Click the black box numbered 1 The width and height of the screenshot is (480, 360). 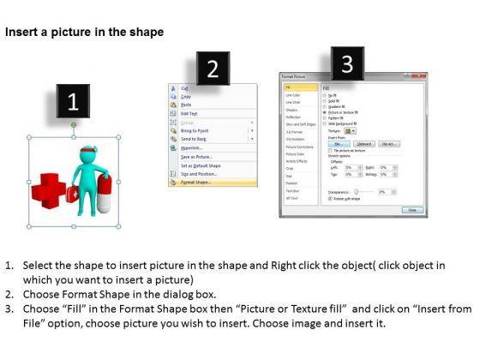pyautogui.click(x=73, y=101)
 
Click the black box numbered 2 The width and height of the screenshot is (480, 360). pyautogui.click(x=212, y=69)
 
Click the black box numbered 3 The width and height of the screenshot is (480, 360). pyautogui.click(x=346, y=63)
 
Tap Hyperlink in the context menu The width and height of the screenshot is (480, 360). pyautogui.click(x=191, y=147)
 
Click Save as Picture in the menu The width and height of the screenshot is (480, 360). pyautogui.click(x=195, y=156)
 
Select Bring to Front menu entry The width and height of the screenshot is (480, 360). pyautogui.click(x=195, y=129)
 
